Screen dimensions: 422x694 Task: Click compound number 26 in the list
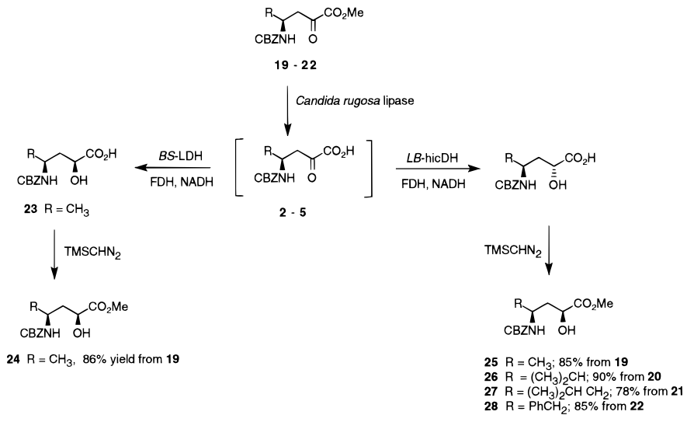[x=484, y=375]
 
